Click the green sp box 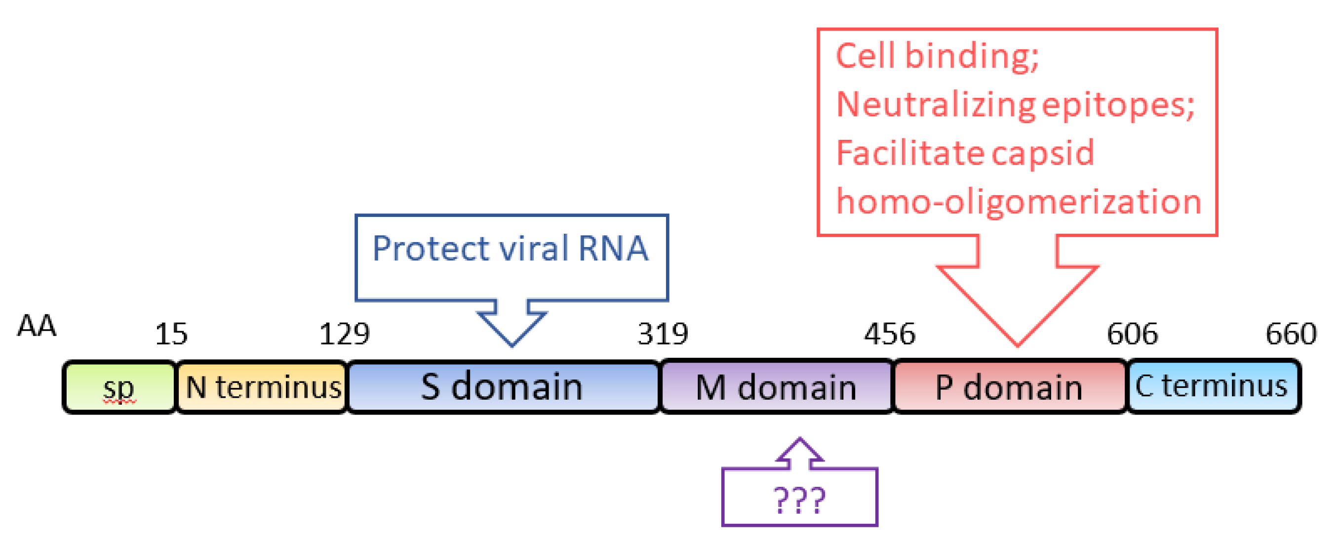click(119, 387)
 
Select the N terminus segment click(262, 387)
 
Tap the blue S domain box click(502, 387)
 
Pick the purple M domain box click(776, 387)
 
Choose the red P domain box click(1009, 387)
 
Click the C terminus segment click(1212, 387)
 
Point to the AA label click(37, 327)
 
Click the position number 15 click(171, 334)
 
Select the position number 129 click(344, 334)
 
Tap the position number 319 click(663, 334)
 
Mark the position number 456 click(889, 334)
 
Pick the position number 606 click(1132, 334)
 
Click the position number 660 click(1291, 334)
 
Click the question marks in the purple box click(799, 500)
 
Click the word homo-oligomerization click(1018, 202)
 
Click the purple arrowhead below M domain click(799, 450)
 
